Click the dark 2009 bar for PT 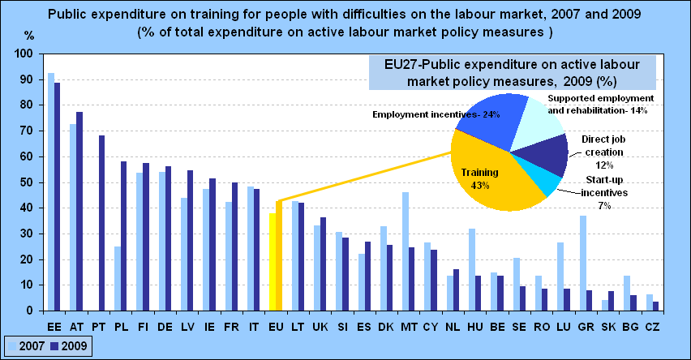(102, 223)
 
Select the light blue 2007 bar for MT (406, 251)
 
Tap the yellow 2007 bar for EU (273, 262)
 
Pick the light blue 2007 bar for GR (582, 263)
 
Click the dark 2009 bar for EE (58, 196)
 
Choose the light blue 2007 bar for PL (118, 278)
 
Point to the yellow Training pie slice (489, 176)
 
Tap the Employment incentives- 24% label (436, 114)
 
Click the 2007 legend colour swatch (12, 346)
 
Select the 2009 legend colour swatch (54, 346)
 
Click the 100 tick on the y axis (24, 54)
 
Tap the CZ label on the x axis (652, 327)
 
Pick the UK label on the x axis (320, 327)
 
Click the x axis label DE (165, 327)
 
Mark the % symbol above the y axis (29, 36)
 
